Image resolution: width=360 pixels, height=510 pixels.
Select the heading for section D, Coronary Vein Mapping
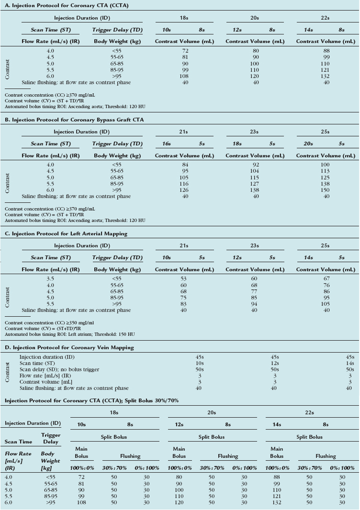click(69, 348)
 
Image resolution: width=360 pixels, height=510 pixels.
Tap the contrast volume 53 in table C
click(184, 279)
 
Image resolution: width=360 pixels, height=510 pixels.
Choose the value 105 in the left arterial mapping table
click(326, 304)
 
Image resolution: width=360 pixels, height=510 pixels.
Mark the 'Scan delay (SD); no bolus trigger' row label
click(60, 370)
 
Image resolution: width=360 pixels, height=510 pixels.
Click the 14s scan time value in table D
click(349, 364)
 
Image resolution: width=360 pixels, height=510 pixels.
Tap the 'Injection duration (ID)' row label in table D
click(47, 357)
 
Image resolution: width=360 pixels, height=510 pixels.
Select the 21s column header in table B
click(184, 132)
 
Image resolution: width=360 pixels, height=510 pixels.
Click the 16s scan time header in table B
click(167, 144)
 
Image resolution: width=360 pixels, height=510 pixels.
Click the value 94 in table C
click(255, 304)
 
